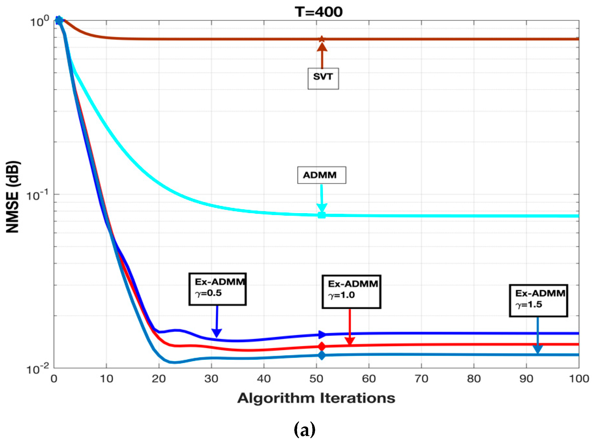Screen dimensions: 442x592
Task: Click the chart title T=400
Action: point(318,12)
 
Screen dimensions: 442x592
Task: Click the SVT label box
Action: point(323,78)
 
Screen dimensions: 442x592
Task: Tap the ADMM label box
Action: point(321,175)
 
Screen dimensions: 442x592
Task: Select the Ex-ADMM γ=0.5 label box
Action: point(217,289)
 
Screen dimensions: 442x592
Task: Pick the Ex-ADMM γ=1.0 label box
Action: point(351,291)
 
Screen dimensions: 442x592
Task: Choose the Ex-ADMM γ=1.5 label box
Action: point(538,301)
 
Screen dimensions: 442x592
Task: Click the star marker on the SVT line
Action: point(322,39)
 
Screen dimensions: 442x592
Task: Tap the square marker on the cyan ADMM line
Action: point(322,215)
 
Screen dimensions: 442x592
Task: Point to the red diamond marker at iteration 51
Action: point(322,346)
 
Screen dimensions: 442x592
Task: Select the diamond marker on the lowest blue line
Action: point(322,355)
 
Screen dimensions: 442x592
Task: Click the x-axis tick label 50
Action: point(317,379)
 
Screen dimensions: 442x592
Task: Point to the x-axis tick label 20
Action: point(159,379)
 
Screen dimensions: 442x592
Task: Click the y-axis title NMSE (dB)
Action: point(13,197)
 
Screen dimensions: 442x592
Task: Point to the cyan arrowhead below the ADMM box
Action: point(322,208)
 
